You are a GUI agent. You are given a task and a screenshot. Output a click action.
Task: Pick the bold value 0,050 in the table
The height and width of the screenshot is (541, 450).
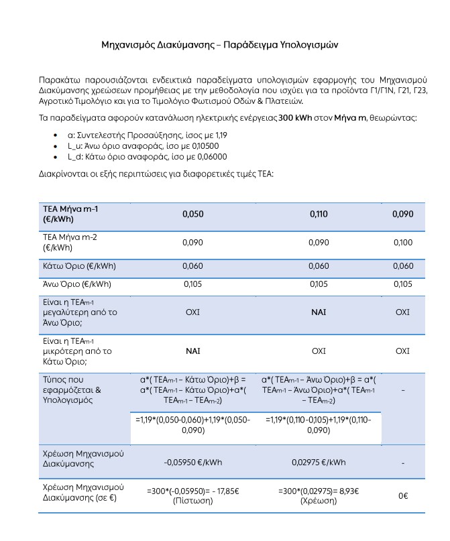click(192, 215)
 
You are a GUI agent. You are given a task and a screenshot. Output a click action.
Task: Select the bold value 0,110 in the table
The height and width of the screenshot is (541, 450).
click(319, 215)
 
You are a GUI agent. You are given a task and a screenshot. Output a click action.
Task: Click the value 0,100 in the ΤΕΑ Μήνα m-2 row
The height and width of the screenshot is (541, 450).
click(402, 242)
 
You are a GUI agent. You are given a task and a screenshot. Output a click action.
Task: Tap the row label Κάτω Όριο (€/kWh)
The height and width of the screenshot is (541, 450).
click(79, 266)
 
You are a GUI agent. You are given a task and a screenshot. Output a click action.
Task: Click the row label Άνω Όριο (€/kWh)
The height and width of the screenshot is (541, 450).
click(77, 284)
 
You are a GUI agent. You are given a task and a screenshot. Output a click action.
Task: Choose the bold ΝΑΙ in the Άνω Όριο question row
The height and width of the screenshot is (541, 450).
click(319, 312)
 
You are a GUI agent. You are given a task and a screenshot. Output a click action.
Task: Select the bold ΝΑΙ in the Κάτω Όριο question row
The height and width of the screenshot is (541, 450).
click(192, 351)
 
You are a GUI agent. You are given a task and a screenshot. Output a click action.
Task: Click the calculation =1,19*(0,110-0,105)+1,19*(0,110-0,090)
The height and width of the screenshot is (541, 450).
click(319, 425)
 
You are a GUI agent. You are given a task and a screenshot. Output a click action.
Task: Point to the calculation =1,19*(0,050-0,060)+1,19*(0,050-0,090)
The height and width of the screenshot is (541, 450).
click(192, 425)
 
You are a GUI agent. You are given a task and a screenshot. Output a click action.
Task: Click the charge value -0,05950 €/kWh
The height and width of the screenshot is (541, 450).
click(192, 462)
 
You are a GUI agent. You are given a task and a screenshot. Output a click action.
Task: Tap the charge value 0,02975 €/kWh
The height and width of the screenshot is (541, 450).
click(319, 462)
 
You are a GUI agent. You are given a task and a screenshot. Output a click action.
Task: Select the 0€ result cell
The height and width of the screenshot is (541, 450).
click(403, 495)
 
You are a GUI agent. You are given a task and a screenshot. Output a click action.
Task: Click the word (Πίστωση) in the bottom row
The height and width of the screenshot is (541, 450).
click(192, 500)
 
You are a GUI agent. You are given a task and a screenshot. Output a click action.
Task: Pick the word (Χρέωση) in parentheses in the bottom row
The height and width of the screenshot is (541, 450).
click(319, 500)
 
